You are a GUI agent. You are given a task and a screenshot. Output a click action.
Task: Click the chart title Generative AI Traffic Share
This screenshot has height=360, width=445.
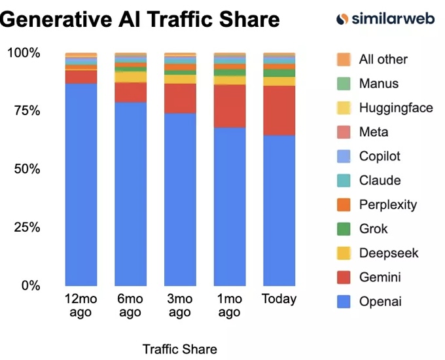click(x=140, y=20)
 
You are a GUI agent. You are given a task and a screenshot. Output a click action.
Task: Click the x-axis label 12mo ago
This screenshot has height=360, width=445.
click(x=81, y=306)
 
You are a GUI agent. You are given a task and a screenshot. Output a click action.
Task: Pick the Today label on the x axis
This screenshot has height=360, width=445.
click(x=279, y=299)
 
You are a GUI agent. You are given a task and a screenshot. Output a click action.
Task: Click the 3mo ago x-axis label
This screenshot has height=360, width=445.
click(x=180, y=306)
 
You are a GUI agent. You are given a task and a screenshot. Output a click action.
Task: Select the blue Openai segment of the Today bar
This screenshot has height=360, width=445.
click(x=279, y=209)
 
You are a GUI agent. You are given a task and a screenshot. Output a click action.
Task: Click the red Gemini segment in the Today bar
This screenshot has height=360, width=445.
click(x=279, y=110)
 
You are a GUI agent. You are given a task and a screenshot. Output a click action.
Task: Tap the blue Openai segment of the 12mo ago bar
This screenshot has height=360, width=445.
click(x=81, y=183)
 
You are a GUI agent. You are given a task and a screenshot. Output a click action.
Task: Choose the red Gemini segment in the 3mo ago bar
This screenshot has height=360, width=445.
click(x=180, y=98)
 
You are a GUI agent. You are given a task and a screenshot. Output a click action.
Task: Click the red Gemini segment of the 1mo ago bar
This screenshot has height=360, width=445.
click(x=230, y=105)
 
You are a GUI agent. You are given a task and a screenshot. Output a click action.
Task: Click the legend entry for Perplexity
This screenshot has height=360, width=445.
click(x=387, y=205)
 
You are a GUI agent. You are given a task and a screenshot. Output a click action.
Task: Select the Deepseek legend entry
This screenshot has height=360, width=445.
click(x=388, y=253)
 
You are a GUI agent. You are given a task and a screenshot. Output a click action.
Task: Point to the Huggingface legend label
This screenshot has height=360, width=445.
click(x=395, y=108)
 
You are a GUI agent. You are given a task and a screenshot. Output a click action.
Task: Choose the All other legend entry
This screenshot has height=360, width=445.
click(x=383, y=60)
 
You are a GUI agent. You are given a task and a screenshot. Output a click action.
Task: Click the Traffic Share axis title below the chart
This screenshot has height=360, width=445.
click(x=179, y=349)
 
